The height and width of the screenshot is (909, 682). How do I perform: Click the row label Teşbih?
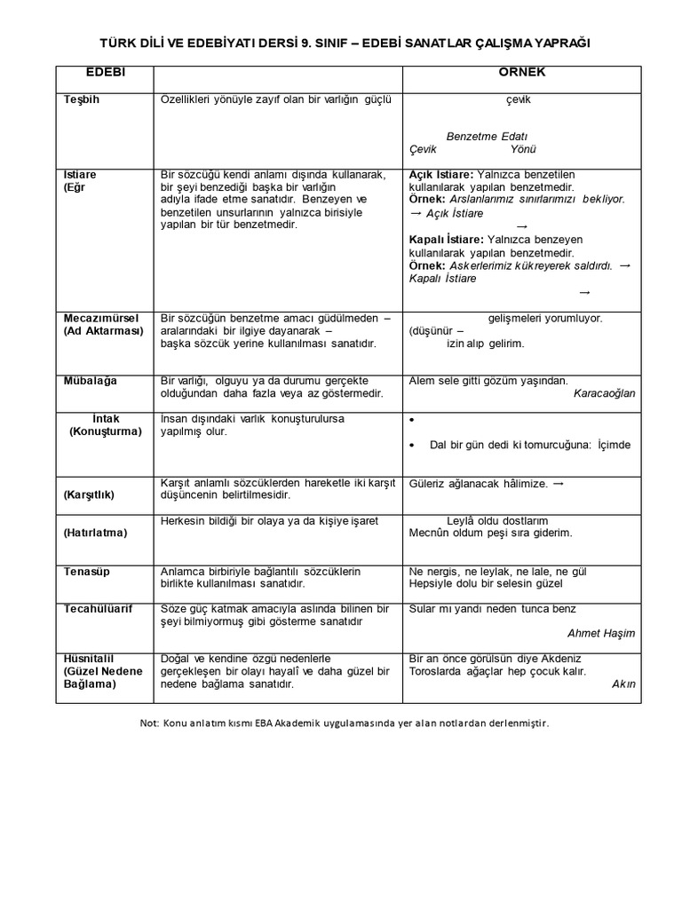coord(82,99)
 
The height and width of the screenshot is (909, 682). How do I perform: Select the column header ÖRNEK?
coord(521,72)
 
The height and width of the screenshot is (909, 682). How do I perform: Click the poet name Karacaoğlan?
coord(605,393)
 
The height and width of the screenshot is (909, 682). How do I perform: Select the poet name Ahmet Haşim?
coord(601,633)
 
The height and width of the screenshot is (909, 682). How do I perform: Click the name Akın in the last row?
coord(624,684)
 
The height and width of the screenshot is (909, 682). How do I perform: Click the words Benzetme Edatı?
coord(487,137)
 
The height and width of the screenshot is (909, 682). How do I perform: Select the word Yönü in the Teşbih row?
coord(523,149)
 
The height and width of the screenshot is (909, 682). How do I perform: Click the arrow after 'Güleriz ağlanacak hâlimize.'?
coord(558,483)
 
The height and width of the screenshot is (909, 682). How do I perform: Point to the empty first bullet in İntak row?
coord(413,418)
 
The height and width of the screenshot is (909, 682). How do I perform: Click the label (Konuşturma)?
coord(106,431)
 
